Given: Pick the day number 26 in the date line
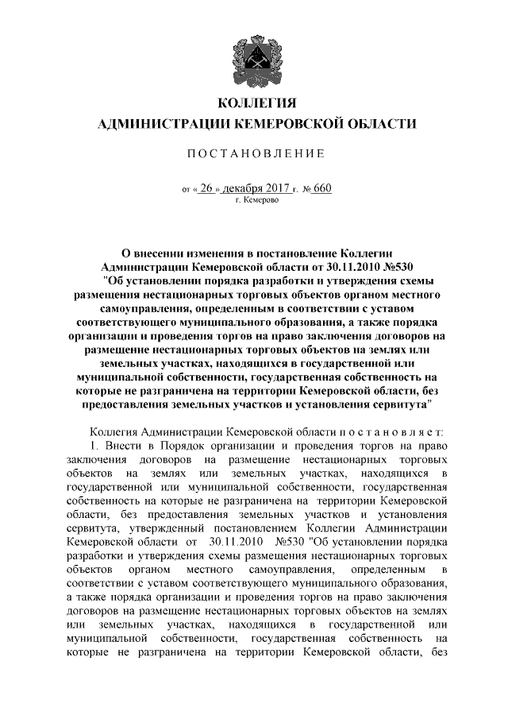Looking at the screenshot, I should pos(209,189).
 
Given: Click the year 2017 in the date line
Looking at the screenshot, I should pos(275,189).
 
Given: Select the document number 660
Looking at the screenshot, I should pos(317,189).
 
